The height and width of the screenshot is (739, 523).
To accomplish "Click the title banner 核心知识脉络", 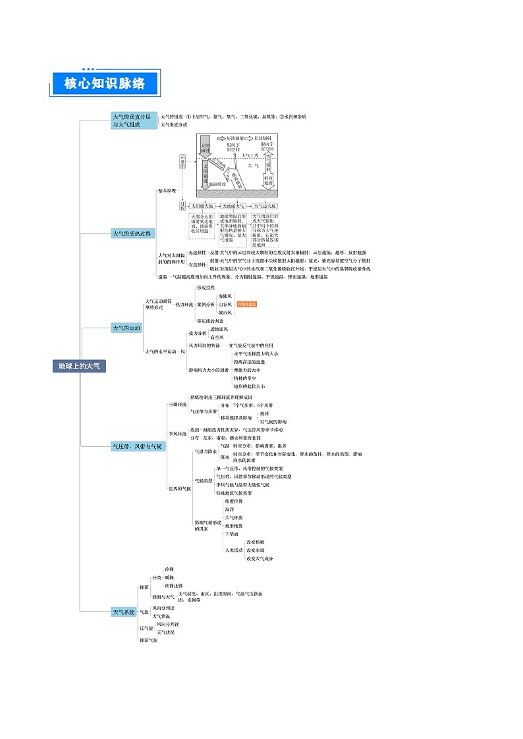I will point(106,84).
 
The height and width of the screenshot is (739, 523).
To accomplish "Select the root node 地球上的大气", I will point(79,366).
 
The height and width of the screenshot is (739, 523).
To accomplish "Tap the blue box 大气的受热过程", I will point(132,233).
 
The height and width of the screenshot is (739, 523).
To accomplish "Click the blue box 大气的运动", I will point(126,328).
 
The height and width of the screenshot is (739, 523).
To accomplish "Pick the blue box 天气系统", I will point(123,612).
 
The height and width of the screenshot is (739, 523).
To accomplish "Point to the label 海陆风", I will point(225,296).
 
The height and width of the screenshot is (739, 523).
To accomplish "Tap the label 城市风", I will point(225,313).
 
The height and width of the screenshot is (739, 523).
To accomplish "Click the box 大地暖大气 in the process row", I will point(233,206).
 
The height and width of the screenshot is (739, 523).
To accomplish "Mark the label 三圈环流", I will point(177,405).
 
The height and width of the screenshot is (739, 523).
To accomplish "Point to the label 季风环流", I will point(177,434).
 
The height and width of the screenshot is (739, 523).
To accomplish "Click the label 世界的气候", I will point(179,488).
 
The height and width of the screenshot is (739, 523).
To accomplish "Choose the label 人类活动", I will point(234,550).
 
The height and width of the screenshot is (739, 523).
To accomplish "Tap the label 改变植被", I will point(256,542).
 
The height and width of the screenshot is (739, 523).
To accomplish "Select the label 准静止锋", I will point(173,586).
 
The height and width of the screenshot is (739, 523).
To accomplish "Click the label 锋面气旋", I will point(148,640).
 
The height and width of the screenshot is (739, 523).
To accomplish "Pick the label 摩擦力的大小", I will point(247,370).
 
